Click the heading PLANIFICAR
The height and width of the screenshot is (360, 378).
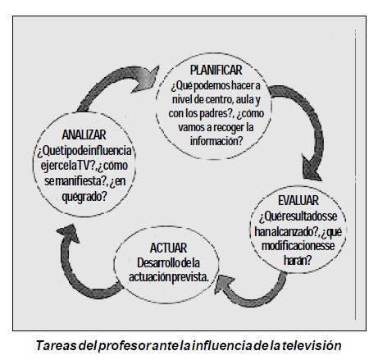coord(216,71)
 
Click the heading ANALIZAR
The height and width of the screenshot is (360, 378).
coord(84,134)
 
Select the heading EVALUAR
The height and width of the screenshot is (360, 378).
coord(298,200)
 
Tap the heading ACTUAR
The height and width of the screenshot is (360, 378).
coord(168,248)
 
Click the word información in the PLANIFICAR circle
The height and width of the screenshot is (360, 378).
coord(216,141)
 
